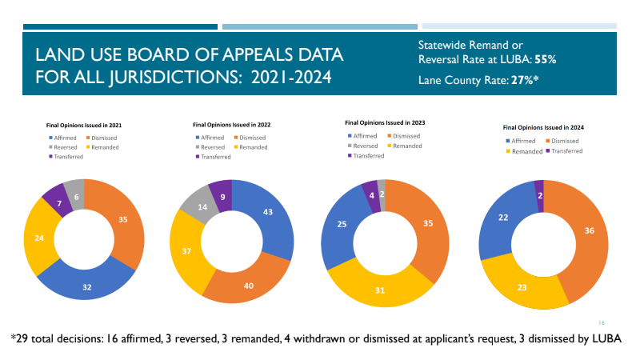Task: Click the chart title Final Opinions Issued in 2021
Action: pos(83,126)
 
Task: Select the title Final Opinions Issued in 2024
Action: pos(543,127)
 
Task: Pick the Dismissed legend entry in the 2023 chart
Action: pos(406,136)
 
